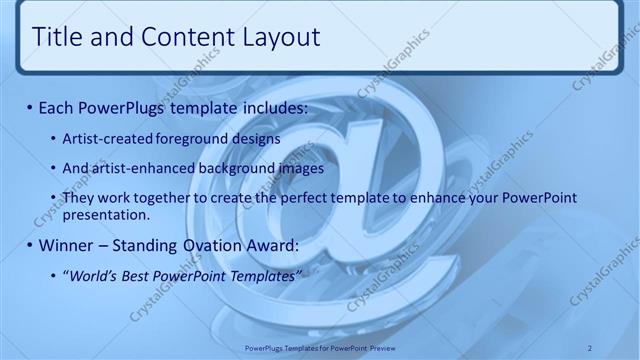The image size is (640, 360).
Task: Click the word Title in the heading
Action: [56, 38]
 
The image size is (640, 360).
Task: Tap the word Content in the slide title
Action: [180, 38]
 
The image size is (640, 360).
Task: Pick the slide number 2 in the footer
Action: [590, 347]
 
